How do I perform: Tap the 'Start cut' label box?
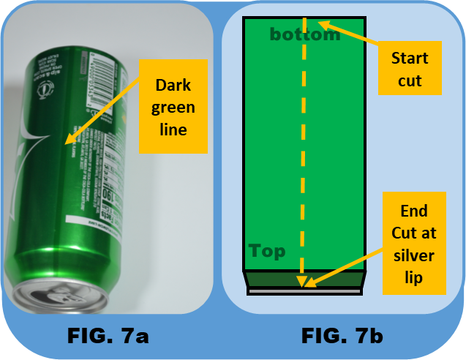(410, 69)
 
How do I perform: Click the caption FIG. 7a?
(108, 337)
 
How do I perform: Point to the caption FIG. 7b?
(342, 337)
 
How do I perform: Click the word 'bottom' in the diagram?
(305, 34)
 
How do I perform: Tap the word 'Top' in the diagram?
(266, 252)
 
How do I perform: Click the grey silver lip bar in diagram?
(305, 292)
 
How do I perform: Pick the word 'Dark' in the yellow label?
(175, 86)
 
